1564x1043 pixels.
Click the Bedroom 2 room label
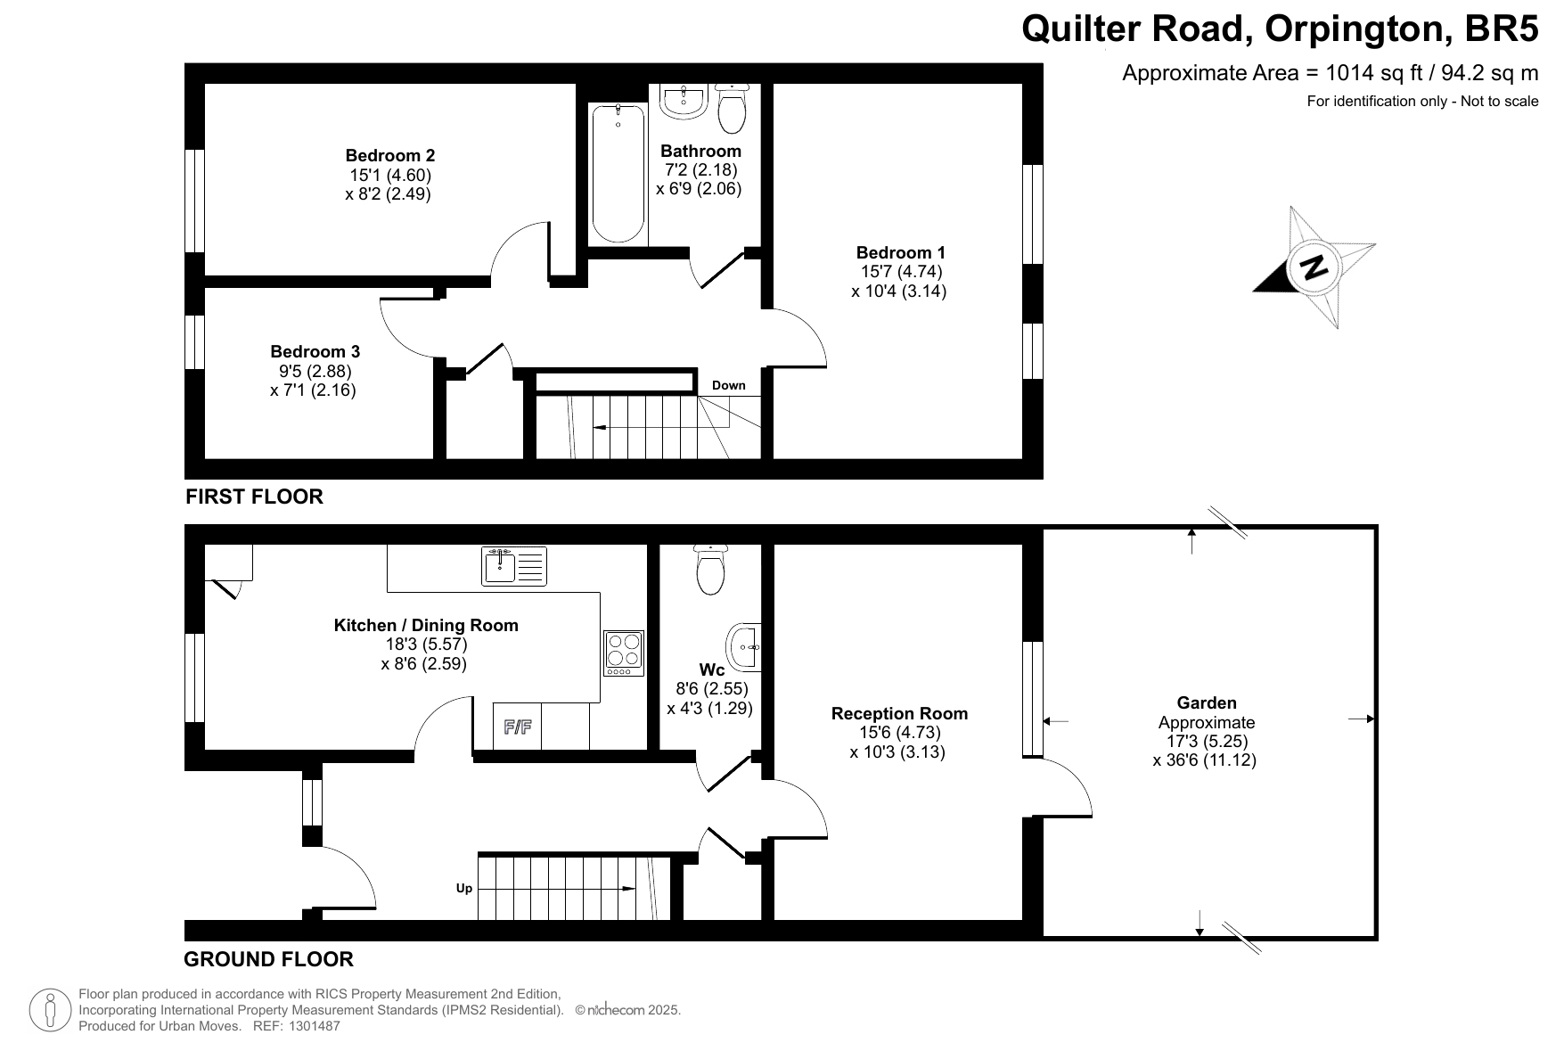click(x=390, y=156)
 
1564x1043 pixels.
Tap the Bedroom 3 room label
click(x=315, y=352)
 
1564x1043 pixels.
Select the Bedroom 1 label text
click(x=901, y=252)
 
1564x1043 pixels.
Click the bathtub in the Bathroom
click(x=618, y=173)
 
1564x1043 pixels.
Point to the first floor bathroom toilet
click(x=733, y=107)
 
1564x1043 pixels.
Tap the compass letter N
click(x=1314, y=267)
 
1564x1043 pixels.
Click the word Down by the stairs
click(x=729, y=385)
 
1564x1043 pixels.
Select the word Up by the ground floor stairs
click(x=464, y=888)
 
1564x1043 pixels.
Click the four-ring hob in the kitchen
click(x=624, y=653)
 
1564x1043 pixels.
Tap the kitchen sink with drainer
click(x=514, y=566)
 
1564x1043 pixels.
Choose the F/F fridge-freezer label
click(x=518, y=727)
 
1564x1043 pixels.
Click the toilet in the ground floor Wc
click(x=710, y=570)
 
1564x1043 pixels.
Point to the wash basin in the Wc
click(x=744, y=645)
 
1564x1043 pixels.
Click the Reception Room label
click(x=899, y=713)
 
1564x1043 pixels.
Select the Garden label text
click(x=1207, y=702)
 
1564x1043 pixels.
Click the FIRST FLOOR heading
click(x=254, y=497)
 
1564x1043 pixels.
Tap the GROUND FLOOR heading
click(x=268, y=959)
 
